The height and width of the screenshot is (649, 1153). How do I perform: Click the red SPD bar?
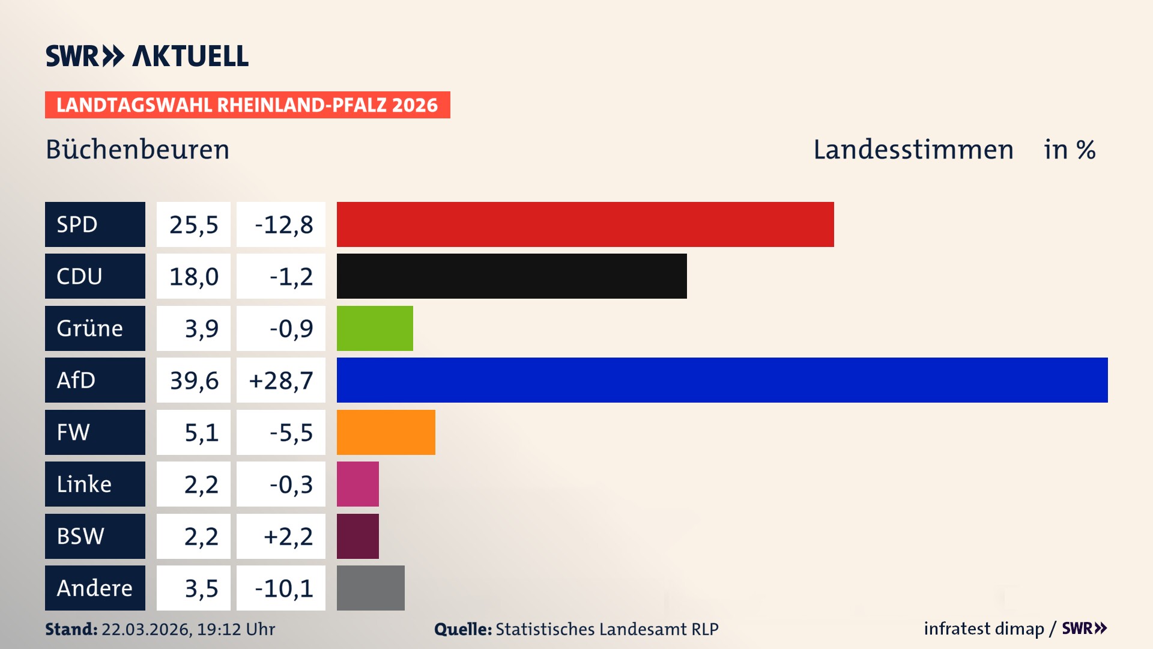tap(585, 224)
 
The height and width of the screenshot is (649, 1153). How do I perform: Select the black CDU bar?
tap(512, 276)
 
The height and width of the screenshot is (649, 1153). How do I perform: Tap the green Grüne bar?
tap(375, 328)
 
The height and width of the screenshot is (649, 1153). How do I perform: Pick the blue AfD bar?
tap(722, 380)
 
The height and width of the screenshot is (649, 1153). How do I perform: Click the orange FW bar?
tap(386, 432)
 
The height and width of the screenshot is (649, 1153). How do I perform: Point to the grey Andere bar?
tap(371, 588)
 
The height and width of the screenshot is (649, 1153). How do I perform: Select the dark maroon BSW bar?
tap(358, 536)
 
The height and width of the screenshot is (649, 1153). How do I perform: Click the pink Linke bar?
tap(358, 484)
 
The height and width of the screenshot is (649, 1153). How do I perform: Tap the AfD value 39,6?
tap(194, 380)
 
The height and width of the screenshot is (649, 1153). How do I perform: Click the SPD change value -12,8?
tap(283, 225)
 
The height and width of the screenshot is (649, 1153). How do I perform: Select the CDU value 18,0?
tap(194, 276)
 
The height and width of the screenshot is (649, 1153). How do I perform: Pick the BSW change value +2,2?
tap(288, 536)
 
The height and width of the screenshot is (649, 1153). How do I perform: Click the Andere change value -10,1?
tap(283, 588)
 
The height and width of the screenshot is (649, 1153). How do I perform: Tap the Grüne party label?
tap(90, 328)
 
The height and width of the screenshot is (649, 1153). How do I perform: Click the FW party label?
tap(73, 432)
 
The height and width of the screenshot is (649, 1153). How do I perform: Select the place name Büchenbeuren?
tap(138, 150)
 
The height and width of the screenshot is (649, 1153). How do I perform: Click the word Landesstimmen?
tap(913, 150)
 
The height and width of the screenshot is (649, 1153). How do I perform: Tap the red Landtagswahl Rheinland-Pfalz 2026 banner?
tap(247, 105)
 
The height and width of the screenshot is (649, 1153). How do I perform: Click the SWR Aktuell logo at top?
tap(147, 56)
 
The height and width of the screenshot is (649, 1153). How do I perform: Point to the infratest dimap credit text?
tap(984, 629)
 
